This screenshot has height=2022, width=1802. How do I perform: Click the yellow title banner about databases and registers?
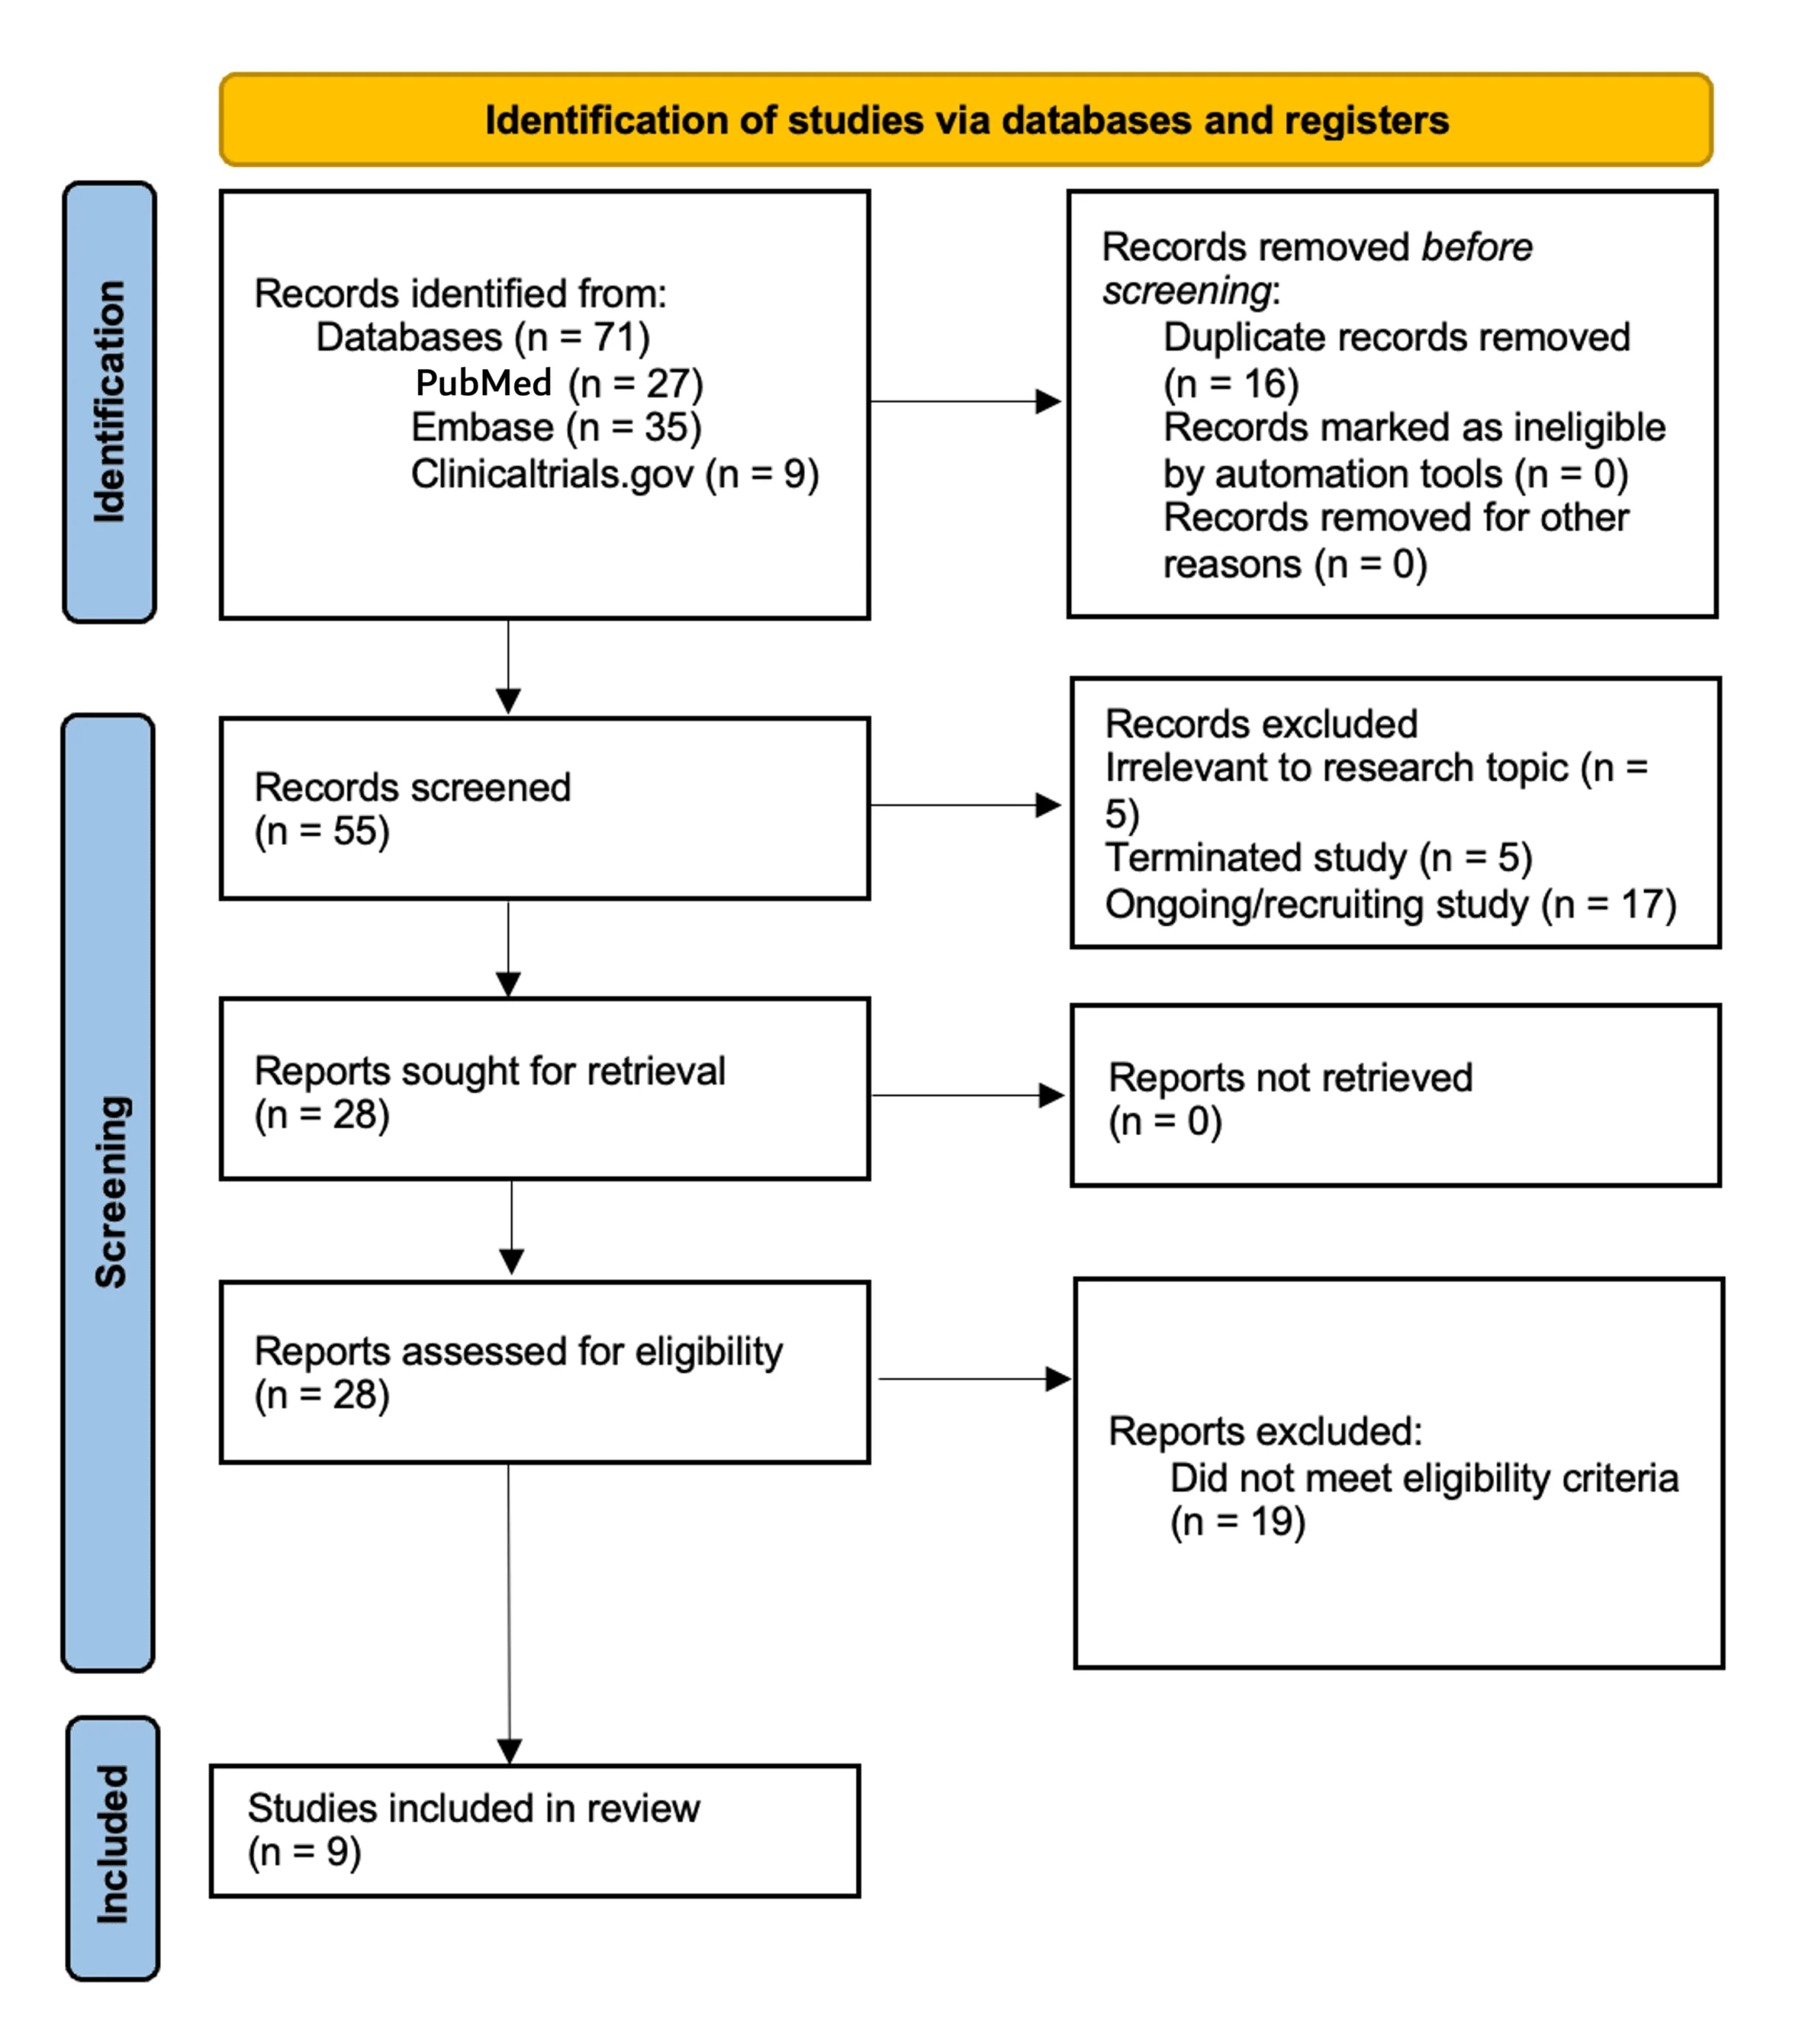(965, 120)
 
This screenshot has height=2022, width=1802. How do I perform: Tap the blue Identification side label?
(110, 401)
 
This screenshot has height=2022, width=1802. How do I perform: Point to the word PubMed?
(483, 383)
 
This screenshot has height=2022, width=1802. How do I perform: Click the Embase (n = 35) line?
(555, 428)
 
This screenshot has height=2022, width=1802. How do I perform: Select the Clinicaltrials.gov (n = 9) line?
(614, 474)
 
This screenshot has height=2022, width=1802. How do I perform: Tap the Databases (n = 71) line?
(482, 337)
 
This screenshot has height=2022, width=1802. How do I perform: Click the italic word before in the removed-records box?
(1476, 247)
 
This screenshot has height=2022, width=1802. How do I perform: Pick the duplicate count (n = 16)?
(1230, 383)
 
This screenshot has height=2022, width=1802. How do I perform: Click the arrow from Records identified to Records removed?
(965, 401)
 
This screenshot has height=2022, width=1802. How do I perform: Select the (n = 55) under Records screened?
(322, 831)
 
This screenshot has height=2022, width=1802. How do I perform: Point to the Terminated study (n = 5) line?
(1318, 857)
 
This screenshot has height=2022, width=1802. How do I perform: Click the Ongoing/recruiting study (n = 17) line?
(1390, 904)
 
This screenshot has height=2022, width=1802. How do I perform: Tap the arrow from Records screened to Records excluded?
(965, 805)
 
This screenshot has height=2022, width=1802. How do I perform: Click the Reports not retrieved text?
(1289, 1077)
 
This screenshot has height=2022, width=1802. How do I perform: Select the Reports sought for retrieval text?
(489, 1070)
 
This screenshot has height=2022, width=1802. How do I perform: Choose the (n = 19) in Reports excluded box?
(1238, 1521)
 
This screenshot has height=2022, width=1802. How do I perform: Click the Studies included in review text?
(473, 1808)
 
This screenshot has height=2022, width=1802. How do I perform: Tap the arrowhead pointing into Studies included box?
(509, 1752)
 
